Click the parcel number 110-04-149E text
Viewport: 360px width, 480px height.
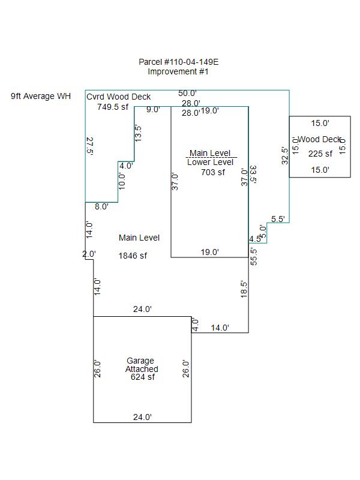tap(174, 62)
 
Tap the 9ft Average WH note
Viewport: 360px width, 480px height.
tap(41, 96)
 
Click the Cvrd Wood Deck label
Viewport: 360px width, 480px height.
tap(118, 97)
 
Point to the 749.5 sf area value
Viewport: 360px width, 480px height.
tap(113, 107)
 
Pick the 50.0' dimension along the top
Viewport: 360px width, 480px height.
tap(187, 93)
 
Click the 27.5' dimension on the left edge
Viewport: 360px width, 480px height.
tap(90, 146)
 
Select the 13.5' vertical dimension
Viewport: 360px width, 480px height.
tap(139, 133)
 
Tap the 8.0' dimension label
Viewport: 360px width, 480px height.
tap(101, 206)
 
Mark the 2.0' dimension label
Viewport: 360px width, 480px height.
tap(89, 254)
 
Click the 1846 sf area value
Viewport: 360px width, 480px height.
tap(133, 256)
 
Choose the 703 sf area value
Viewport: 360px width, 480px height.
tap(213, 172)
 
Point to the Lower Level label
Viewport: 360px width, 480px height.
tap(210, 162)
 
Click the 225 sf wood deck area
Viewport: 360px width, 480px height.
tap(320, 154)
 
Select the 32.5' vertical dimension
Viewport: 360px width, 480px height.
tap(285, 155)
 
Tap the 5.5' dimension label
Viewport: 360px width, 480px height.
tap(278, 219)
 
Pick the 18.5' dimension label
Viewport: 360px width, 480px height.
tap(244, 289)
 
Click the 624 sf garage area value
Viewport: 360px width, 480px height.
tap(143, 377)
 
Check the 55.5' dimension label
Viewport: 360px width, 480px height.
tap(254, 256)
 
